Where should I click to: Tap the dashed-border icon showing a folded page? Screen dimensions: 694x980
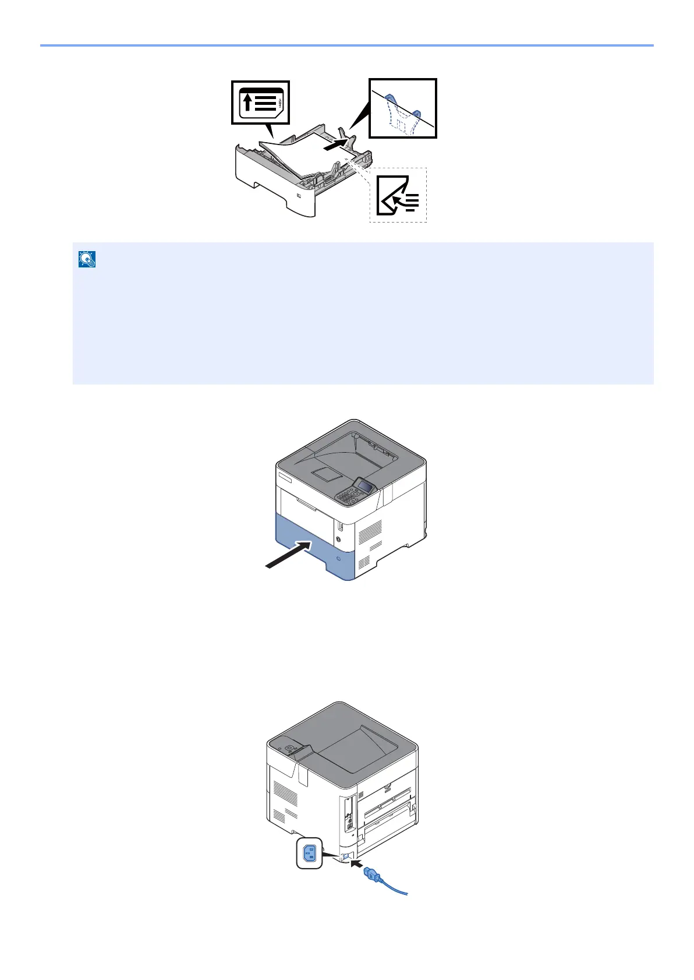coord(398,195)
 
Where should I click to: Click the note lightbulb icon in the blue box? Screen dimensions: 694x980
coord(87,260)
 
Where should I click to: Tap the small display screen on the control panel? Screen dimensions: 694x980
coord(365,487)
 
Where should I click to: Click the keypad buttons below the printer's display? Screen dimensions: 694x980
coord(348,498)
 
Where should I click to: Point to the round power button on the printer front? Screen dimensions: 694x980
coord(340,540)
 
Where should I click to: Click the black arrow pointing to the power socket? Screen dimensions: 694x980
coord(356,862)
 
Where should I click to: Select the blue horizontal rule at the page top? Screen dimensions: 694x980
coord(347,45)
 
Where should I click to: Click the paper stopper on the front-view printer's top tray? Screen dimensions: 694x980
coord(322,473)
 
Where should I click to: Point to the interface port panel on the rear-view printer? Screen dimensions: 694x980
coord(349,816)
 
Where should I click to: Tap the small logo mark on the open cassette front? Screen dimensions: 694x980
coord(299,196)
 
